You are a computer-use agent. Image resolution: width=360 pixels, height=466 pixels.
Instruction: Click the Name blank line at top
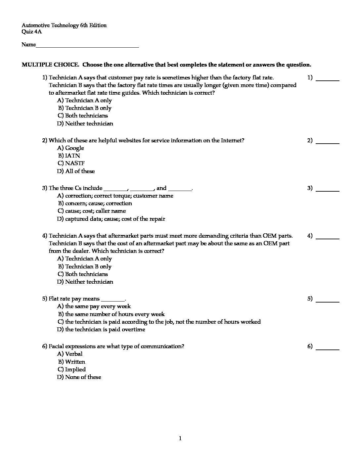(x=87, y=47)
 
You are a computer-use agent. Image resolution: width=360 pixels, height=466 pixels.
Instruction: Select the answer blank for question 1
(x=328, y=80)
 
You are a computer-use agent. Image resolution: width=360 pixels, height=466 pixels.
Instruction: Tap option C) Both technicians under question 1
(x=83, y=116)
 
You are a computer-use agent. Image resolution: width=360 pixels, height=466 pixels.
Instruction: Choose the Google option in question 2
(x=71, y=148)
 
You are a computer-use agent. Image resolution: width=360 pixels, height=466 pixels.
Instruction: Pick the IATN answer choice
(x=69, y=156)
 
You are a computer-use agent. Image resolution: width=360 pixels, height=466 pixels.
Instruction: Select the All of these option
(x=76, y=171)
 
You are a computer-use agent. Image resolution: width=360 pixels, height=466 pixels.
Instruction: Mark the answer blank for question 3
(x=328, y=190)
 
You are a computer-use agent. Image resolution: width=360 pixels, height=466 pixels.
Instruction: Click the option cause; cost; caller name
(x=92, y=211)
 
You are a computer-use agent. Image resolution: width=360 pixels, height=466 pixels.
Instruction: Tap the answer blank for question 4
(x=328, y=238)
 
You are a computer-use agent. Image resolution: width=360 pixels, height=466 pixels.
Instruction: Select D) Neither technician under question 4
(x=85, y=282)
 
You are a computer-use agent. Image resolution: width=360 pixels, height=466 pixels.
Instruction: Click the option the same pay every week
(x=94, y=306)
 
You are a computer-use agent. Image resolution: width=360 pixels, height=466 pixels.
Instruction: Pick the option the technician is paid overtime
(x=101, y=330)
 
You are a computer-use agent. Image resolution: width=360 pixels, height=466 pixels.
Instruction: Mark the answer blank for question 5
(x=328, y=301)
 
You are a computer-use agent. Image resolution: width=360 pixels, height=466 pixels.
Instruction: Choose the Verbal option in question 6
(x=70, y=354)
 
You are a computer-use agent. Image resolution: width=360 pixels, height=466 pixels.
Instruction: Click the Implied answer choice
(x=72, y=370)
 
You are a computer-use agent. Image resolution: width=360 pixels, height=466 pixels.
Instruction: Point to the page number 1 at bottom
(x=180, y=439)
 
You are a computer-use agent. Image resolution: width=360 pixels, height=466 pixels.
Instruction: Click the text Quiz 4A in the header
(x=32, y=32)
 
